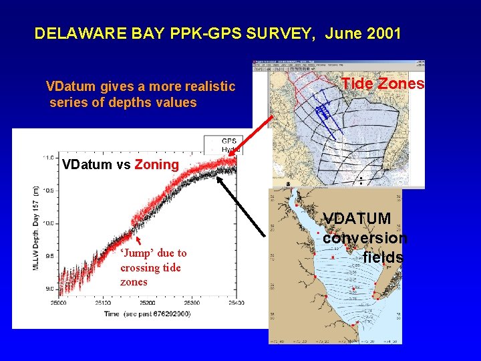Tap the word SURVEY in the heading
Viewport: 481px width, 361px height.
(x=285, y=33)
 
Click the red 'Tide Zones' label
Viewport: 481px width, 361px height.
(x=383, y=84)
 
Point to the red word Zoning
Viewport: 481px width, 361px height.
(x=157, y=164)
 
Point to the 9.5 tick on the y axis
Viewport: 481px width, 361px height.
(x=49, y=256)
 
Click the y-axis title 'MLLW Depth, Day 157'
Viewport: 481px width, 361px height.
(x=37, y=227)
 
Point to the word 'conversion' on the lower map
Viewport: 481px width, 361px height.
(x=365, y=238)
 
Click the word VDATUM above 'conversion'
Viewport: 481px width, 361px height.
(x=357, y=219)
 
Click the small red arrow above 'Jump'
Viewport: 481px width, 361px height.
(x=138, y=241)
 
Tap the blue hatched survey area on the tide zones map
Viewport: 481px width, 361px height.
(x=323, y=111)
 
